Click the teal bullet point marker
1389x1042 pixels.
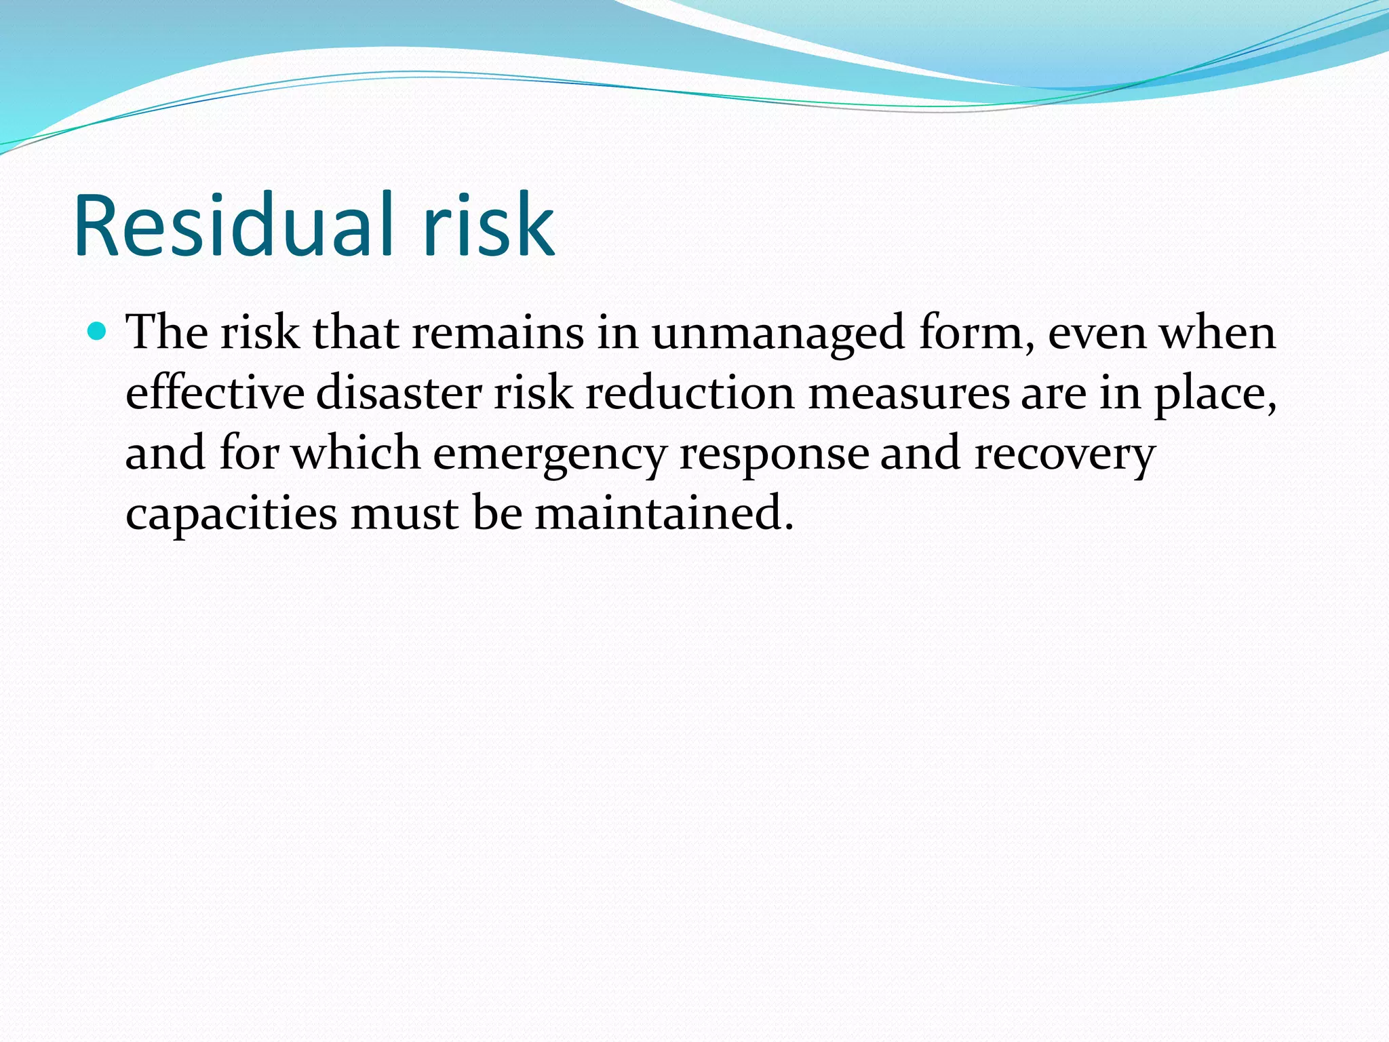point(98,332)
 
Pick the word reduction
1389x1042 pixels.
point(689,393)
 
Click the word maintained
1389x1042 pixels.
point(663,514)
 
